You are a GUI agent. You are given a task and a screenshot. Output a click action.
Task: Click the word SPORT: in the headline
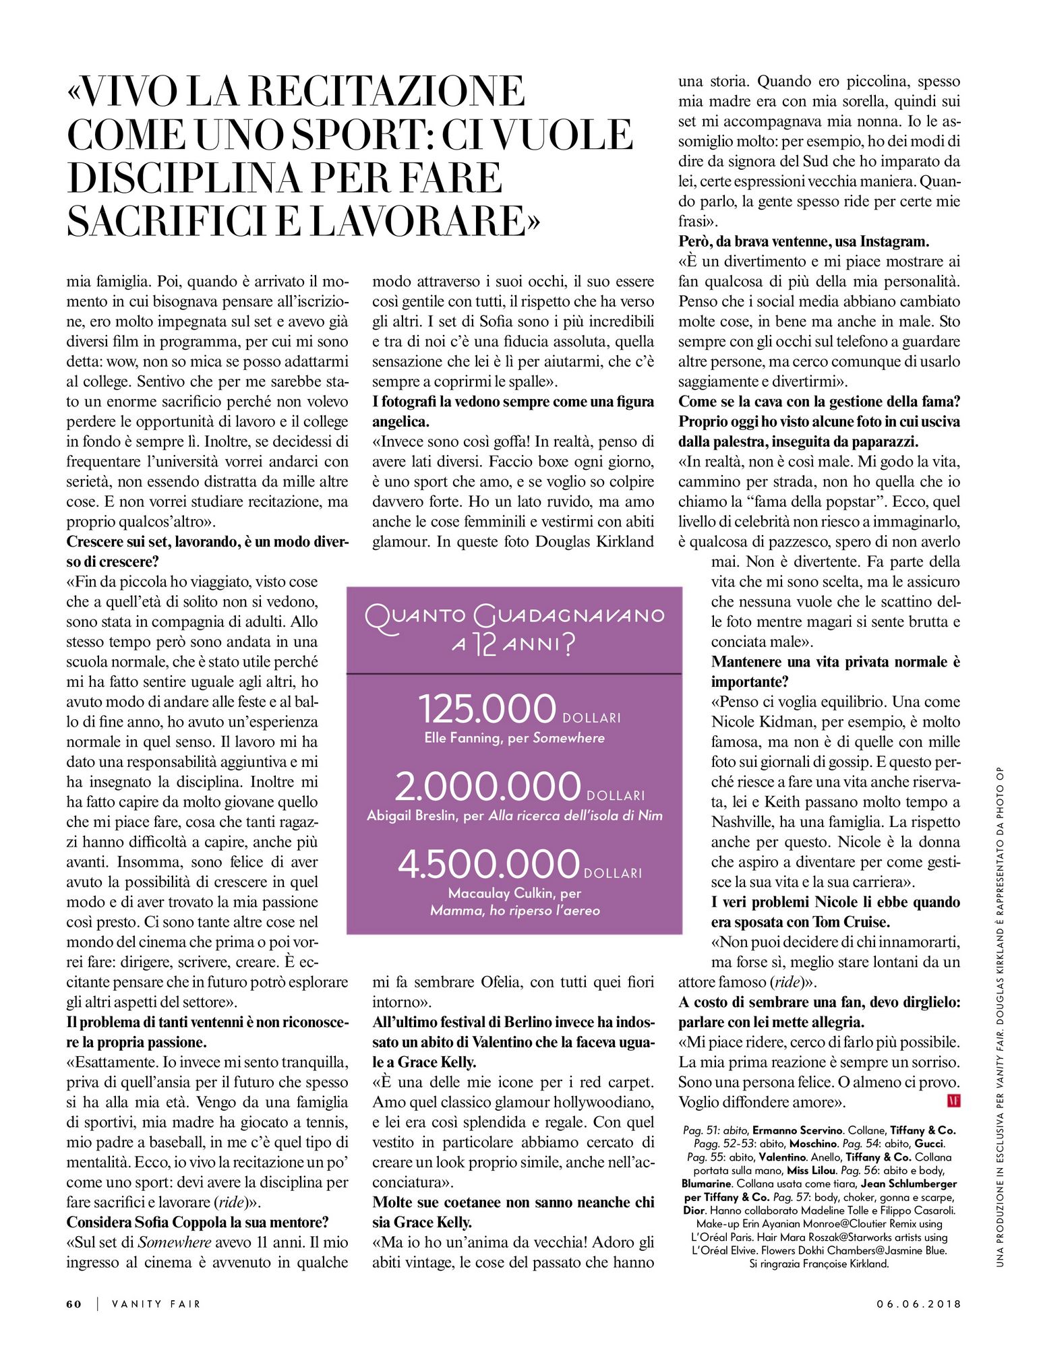pos(361,135)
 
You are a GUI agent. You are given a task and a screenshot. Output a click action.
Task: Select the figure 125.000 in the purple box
pos(487,709)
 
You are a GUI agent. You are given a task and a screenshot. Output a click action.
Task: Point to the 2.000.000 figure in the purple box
pos(487,787)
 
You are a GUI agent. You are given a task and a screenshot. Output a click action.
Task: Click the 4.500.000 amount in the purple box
pos(489,865)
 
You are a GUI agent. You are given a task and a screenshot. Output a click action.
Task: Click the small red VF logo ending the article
pos(953,1101)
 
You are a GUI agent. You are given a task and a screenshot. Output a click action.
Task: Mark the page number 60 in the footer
pos(74,1304)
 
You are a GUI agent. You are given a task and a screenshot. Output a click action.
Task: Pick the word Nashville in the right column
pos(742,822)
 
